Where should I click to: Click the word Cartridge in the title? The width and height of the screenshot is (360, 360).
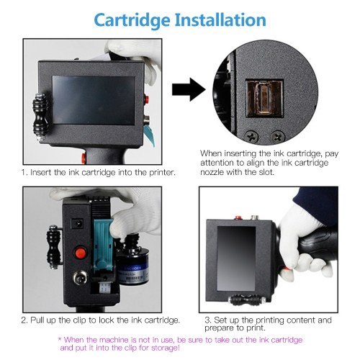click(132, 20)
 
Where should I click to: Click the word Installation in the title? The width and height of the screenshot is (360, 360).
click(220, 19)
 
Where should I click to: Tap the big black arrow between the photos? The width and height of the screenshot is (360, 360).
click(189, 89)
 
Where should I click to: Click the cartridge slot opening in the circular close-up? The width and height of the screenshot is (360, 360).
click(264, 99)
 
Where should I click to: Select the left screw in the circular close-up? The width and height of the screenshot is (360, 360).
click(251, 137)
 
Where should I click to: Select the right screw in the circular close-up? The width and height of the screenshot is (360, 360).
click(278, 137)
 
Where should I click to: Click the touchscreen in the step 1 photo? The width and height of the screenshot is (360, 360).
click(94, 100)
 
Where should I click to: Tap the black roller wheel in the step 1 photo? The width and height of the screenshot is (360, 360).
click(40, 117)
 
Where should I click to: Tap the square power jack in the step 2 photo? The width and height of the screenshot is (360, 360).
click(78, 224)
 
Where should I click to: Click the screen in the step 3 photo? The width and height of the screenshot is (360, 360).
click(236, 258)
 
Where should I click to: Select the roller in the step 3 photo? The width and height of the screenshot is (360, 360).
click(247, 300)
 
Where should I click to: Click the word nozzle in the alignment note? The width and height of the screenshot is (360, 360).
click(212, 172)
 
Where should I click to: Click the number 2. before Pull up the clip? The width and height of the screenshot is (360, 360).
click(24, 320)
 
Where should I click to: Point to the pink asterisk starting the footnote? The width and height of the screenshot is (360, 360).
click(60, 339)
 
